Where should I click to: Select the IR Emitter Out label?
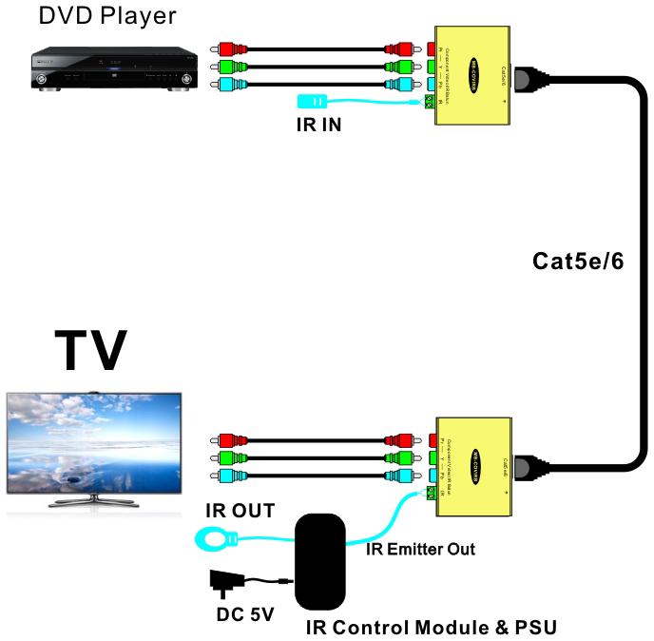pos(422,550)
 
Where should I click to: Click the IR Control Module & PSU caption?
pos(431,628)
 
